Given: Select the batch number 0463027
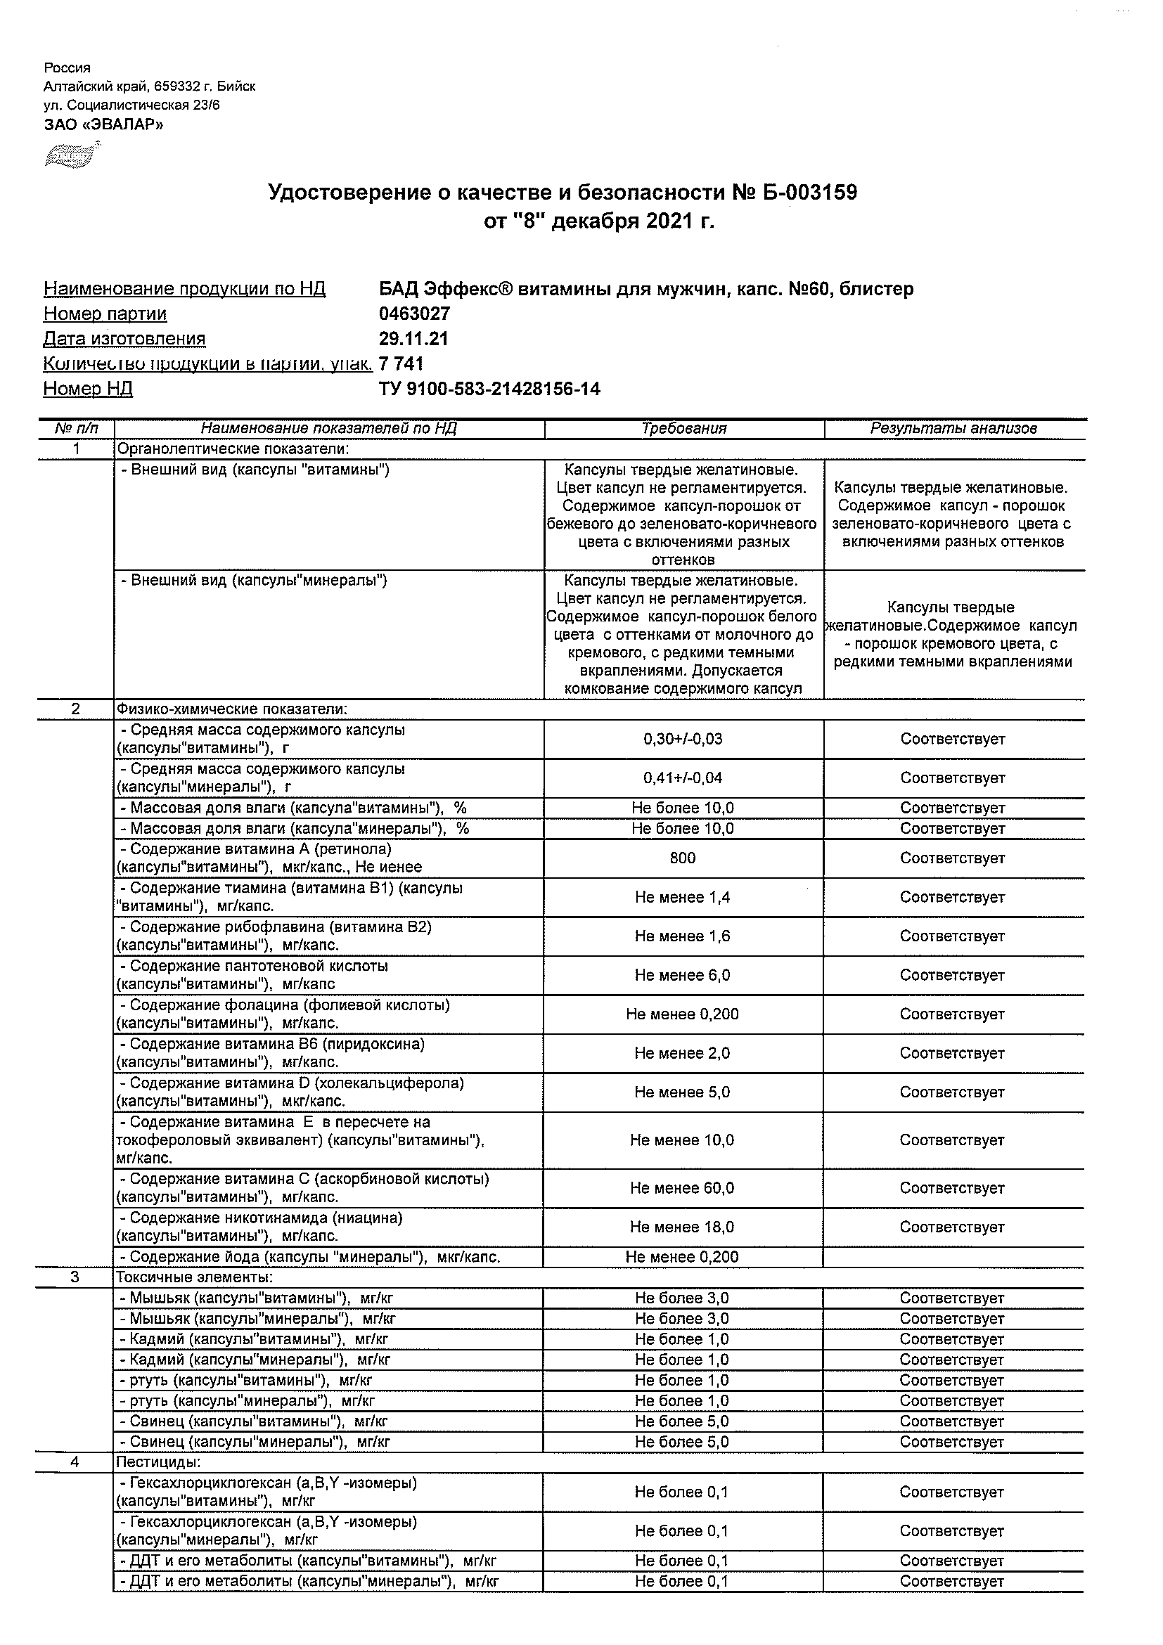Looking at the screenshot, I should pos(414,314).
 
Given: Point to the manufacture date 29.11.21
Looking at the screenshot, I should pos(413,339).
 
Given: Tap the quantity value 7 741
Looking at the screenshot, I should pos(401,364).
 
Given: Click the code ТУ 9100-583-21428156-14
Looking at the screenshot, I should pos(489,389).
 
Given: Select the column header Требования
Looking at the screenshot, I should pos(683,428).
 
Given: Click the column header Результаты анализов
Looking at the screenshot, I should pos(953,428).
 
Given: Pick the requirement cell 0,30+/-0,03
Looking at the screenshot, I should pos(683,739).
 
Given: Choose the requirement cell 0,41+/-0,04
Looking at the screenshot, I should pos(683,778).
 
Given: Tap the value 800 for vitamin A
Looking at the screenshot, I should pos(682,858).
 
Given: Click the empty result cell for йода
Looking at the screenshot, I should pos(953,1257).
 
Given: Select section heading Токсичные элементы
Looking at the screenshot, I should pos(194,1277).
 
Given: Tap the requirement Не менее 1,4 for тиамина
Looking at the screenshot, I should pos(682,897).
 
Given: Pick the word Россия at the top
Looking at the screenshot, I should pos(68,68).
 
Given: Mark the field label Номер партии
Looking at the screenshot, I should pos(105,314).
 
